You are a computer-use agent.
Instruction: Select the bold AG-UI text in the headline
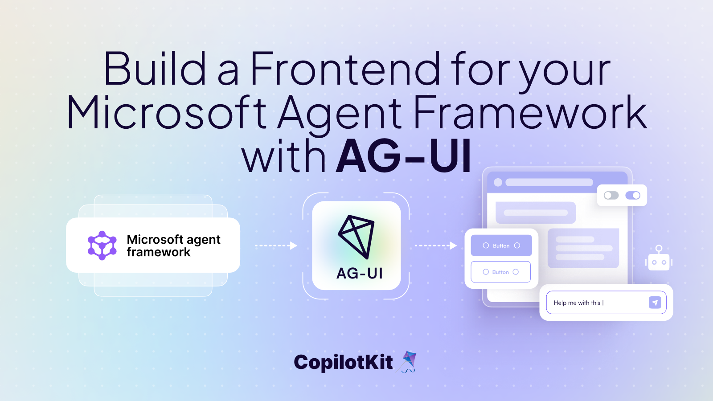pos(403,156)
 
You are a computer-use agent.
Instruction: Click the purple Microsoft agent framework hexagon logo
pos(102,246)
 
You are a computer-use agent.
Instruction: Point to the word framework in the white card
pos(158,252)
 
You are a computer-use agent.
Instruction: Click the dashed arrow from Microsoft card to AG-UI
pos(276,246)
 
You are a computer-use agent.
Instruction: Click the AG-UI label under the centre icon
pos(360,273)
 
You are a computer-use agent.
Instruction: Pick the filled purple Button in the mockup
pos(501,246)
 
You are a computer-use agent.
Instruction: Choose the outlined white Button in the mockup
pos(500,272)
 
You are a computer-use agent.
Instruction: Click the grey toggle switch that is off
pos(611,196)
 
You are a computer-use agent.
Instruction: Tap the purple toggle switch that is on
pos(633,196)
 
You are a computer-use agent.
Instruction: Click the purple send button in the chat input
pos(655,303)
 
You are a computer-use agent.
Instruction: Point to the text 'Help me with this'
pos(577,303)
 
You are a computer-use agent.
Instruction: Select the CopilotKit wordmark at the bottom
pos(343,362)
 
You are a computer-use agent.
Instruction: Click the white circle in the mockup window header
pos(498,182)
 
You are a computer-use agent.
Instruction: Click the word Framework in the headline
pos(530,113)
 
